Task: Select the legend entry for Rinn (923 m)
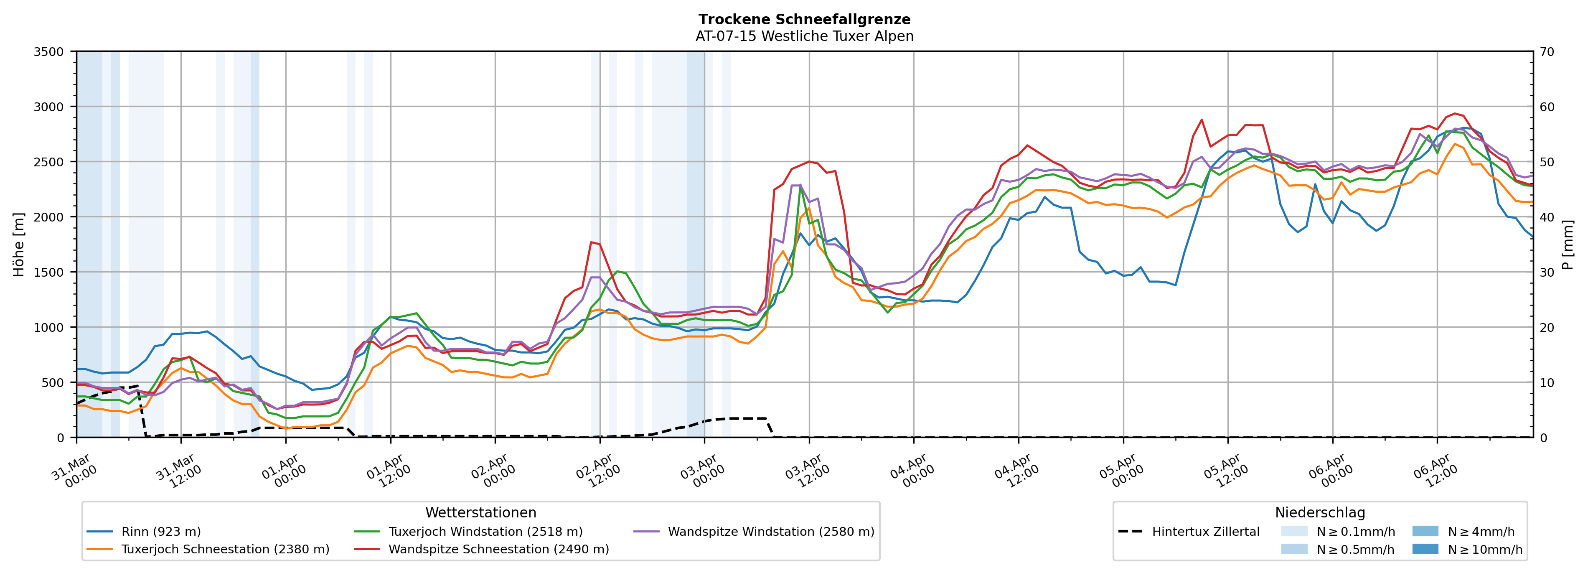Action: pyautogui.click(x=161, y=532)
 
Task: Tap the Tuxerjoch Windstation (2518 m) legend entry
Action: pyautogui.click(x=485, y=532)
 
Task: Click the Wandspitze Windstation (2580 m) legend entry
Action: pyautogui.click(x=770, y=532)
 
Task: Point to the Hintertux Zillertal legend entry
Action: pyautogui.click(x=1205, y=532)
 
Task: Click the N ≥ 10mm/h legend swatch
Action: pyautogui.click(x=1425, y=549)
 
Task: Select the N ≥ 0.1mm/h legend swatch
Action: pyautogui.click(x=1294, y=532)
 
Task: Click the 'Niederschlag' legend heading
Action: pyautogui.click(x=1320, y=512)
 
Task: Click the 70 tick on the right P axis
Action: pyautogui.click(x=1547, y=52)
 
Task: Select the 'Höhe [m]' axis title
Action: pyautogui.click(x=19, y=244)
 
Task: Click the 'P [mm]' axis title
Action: pyautogui.click(x=1568, y=244)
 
